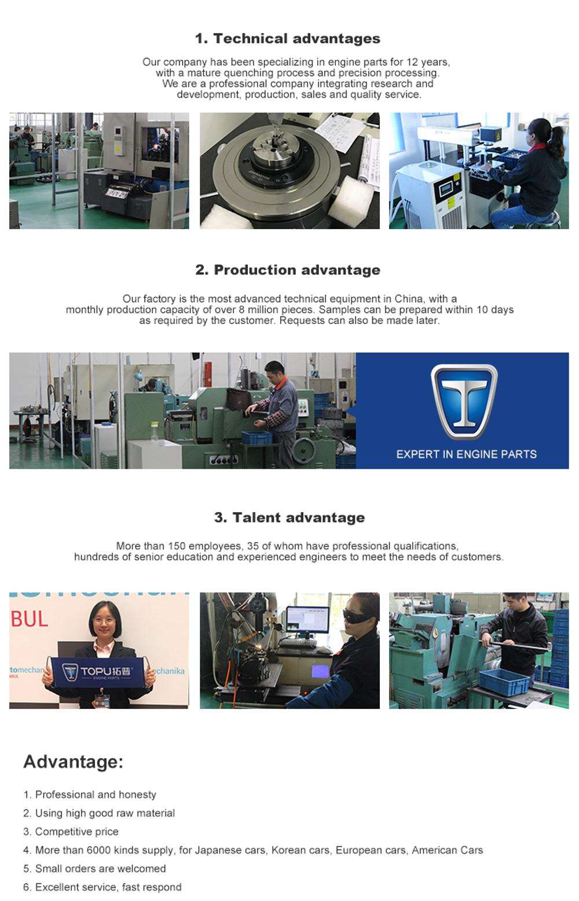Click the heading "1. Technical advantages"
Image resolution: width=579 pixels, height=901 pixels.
[287, 39]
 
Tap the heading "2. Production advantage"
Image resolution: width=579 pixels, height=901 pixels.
[287, 270]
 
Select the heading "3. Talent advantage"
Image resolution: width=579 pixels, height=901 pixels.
[289, 517]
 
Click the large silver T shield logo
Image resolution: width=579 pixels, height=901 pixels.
[464, 402]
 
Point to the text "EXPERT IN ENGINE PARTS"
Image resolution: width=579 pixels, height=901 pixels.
[466, 454]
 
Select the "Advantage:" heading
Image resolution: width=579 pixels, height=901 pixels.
[73, 762]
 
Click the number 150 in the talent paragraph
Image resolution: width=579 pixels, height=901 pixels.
[177, 546]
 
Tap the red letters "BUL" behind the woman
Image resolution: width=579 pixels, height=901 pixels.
[30, 619]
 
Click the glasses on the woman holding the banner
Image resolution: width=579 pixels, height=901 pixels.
[105, 621]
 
